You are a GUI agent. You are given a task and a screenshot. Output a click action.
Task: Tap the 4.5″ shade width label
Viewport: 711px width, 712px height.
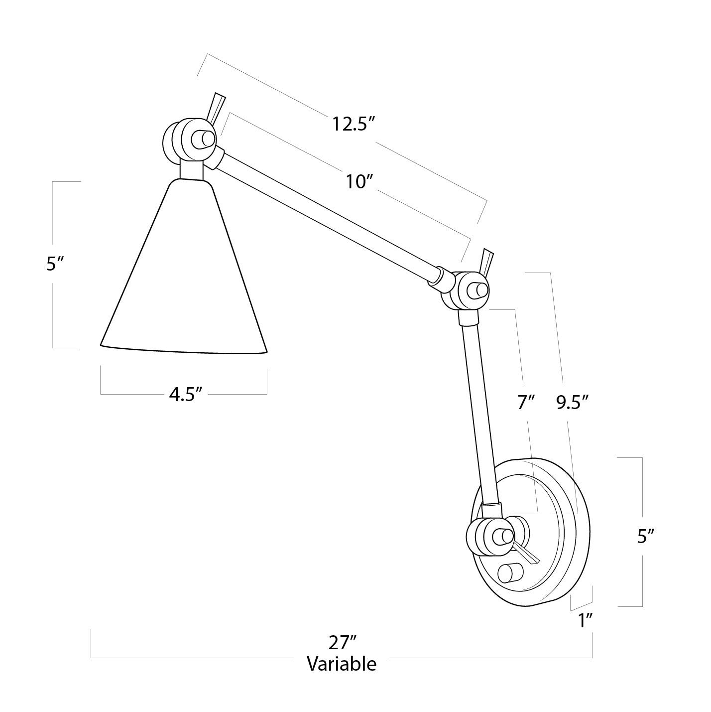point(185,394)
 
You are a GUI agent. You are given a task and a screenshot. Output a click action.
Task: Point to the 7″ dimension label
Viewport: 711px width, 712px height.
point(526,402)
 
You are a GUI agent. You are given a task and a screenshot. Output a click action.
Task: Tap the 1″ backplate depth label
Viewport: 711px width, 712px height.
point(585,621)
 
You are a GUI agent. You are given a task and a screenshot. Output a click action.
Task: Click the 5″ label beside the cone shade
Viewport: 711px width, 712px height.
point(53,264)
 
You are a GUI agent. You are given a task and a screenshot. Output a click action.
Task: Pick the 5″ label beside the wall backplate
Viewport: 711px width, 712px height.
point(645,536)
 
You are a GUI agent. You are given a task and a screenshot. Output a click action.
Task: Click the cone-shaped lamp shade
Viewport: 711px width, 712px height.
point(184,279)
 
